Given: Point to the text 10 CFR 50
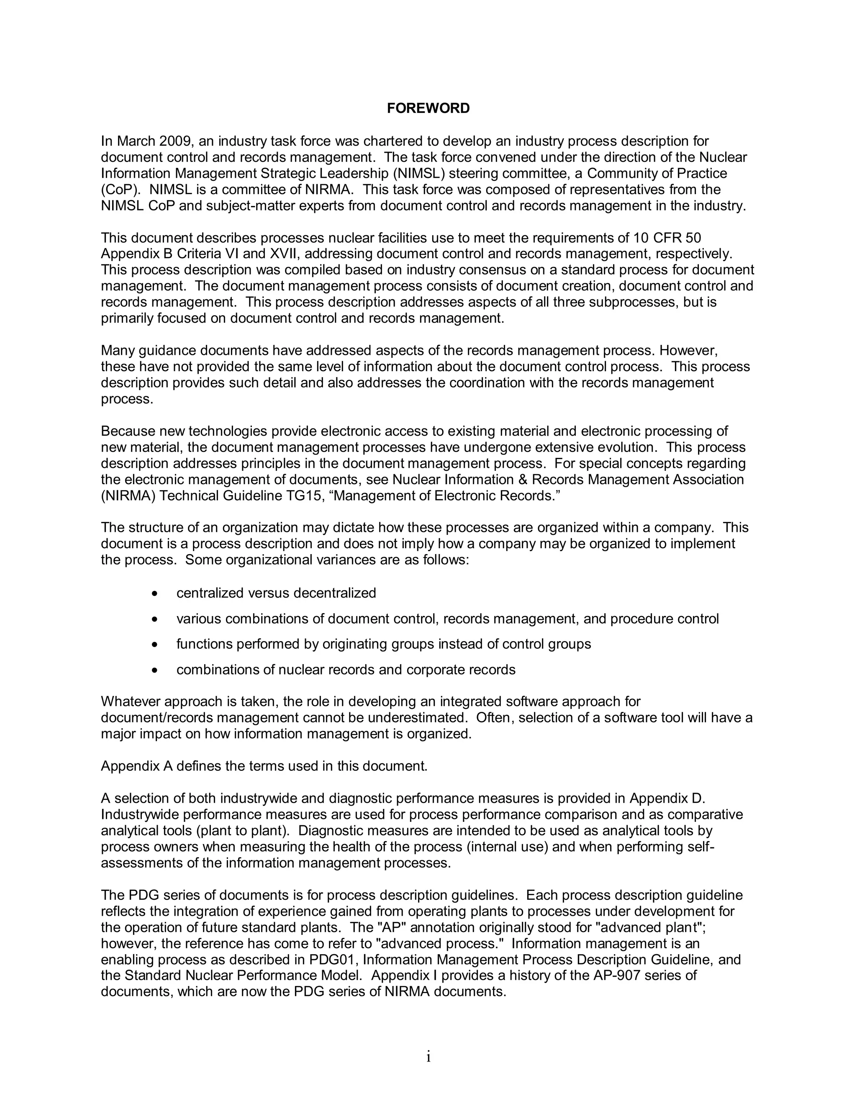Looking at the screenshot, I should [x=667, y=238].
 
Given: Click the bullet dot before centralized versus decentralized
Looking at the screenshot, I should [x=155, y=593].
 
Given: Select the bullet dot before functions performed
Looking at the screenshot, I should [x=155, y=644].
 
